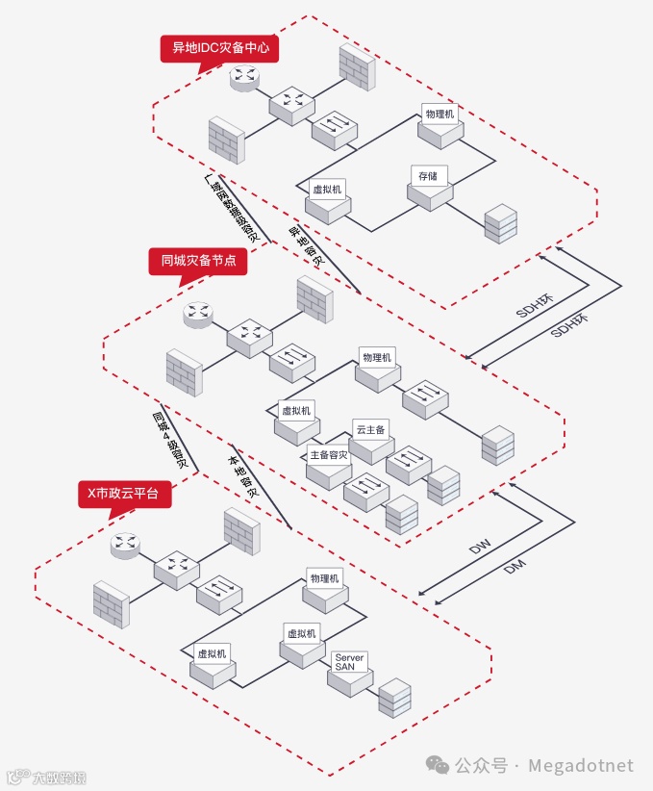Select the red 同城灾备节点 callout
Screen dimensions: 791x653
coord(198,261)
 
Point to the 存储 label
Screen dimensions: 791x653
coord(428,176)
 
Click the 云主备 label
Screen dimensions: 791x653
coord(370,429)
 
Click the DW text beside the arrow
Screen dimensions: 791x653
coord(480,548)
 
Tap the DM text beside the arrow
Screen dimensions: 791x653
coord(515,569)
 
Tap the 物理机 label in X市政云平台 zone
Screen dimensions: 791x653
coord(324,578)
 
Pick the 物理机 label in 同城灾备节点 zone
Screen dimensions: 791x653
coord(376,358)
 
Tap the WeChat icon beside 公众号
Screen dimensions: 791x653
coord(438,765)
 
